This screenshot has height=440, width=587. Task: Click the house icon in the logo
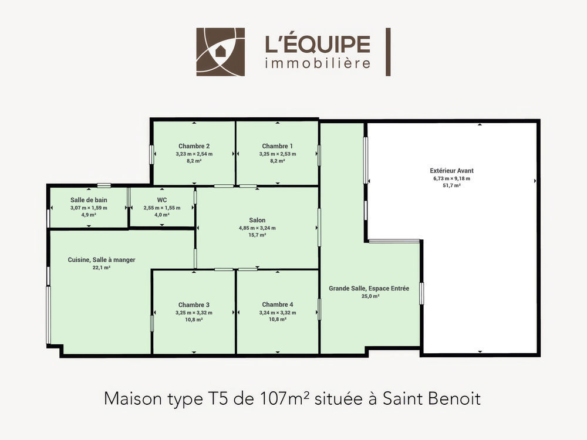[x=221, y=51]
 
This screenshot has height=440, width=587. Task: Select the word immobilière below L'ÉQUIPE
[x=318, y=63]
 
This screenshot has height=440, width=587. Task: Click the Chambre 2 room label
[x=194, y=146]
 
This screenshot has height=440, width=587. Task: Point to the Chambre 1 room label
[x=278, y=146]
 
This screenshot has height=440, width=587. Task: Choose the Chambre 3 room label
[x=194, y=305]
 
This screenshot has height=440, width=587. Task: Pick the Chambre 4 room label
[x=278, y=304]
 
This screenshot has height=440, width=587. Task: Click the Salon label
[x=257, y=221]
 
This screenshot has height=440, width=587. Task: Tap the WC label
[x=162, y=200]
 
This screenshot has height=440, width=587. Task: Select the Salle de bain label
[x=89, y=200]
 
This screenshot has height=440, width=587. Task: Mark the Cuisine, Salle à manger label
[x=102, y=260]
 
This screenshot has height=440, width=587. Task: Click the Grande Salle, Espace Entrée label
[x=369, y=289]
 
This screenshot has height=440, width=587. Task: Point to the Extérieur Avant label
[x=452, y=171]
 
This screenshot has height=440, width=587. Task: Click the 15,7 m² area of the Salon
[x=257, y=235]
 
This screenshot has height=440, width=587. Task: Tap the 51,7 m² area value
[x=452, y=185]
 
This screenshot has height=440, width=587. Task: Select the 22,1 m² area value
[x=102, y=268]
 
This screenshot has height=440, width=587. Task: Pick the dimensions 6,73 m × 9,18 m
[x=452, y=178]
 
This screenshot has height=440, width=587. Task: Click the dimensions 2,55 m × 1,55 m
[x=162, y=208]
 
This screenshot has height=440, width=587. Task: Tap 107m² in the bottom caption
[x=285, y=399]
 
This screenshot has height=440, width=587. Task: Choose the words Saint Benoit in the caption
[x=431, y=399]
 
